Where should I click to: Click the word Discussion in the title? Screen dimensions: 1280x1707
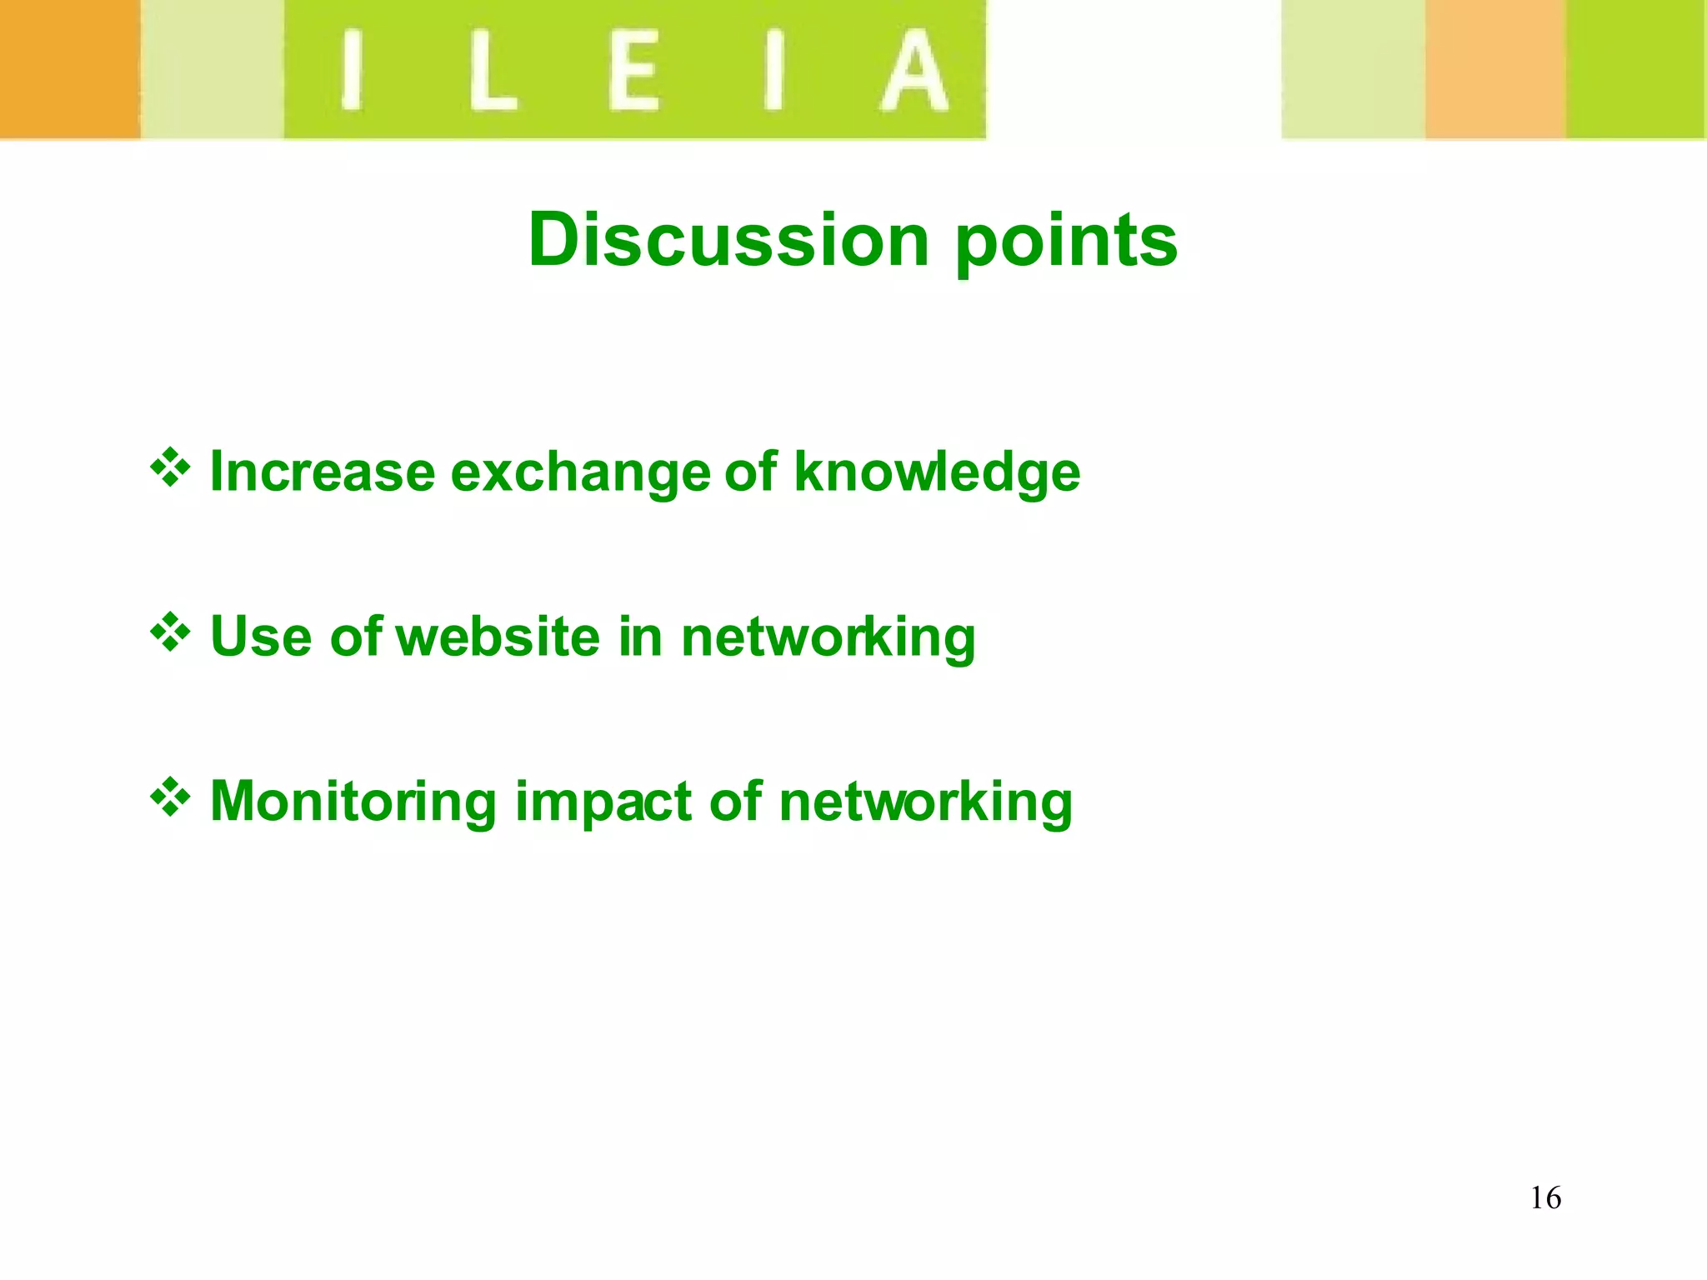(728, 240)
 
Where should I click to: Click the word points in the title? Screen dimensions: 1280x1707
(1066, 242)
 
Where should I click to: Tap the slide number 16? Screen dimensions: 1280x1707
(1545, 1198)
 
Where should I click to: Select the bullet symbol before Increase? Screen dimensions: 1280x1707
(170, 467)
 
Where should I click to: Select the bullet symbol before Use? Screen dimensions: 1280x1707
(170, 632)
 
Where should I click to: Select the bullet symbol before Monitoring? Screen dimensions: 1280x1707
(170, 797)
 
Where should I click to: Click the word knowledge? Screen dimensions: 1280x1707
(937, 472)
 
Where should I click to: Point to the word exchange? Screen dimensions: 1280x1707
(580, 472)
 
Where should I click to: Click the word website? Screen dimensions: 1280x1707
(498, 637)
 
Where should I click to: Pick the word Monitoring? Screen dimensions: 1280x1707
(353, 802)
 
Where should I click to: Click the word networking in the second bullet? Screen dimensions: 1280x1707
(828, 637)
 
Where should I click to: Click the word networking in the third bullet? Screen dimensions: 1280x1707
(925, 802)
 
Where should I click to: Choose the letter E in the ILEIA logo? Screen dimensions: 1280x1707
(633, 71)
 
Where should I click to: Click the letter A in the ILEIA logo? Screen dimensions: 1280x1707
(914, 71)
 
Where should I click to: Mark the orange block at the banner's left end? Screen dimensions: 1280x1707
(68, 68)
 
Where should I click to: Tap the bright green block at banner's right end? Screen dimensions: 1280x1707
(1635, 68)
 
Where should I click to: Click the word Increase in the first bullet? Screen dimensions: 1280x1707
(323, 472)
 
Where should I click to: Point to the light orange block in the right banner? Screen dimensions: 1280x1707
(1495, 68)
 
